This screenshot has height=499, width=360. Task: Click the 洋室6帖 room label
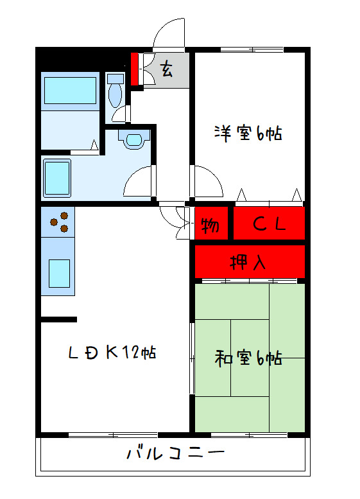pos(248,134)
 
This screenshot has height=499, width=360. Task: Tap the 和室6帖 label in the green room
pos(248,358)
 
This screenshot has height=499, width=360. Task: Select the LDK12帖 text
pos(113,352)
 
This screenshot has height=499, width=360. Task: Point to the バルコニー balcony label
pos(175,454)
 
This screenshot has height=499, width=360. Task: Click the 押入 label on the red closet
pos(248,262)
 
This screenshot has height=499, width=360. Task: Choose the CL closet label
pos(268,225)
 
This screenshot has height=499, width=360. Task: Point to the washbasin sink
pos(134,139)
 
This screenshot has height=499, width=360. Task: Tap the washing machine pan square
pos(56,177)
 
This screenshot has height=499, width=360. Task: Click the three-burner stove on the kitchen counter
pos(58,222)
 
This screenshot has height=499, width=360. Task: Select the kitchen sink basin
pos(59,273)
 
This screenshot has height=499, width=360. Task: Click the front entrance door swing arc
pos(168,32)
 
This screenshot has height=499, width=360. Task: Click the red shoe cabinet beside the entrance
pos(135,69)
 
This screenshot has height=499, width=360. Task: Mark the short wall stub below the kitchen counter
pos(59,319)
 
